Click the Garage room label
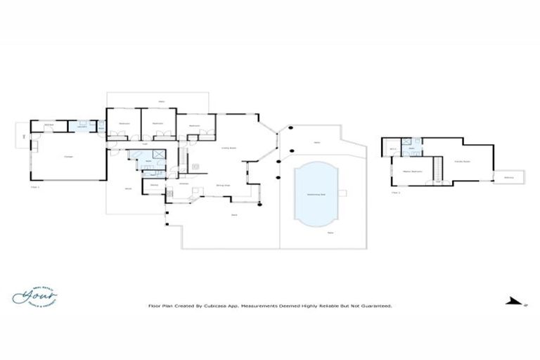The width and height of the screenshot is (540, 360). tap(69, 156)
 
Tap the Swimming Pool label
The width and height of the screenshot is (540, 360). tap(315, 195)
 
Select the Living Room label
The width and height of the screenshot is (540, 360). tap(229, 148)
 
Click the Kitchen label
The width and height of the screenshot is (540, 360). tap(183, 184)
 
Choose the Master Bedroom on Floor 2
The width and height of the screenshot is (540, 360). tap(411, 172)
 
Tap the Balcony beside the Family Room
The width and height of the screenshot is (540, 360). tap(508, 177)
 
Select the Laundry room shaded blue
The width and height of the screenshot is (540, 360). tap(82, 126)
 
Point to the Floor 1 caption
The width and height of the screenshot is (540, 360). tap(35, 188)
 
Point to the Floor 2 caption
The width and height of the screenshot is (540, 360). tap(396, 192)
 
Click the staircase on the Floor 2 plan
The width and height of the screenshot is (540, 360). tap(438, 169)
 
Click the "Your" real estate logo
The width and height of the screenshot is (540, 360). tap(34, 295)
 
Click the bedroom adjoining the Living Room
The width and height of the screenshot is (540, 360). tap(193, 127)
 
